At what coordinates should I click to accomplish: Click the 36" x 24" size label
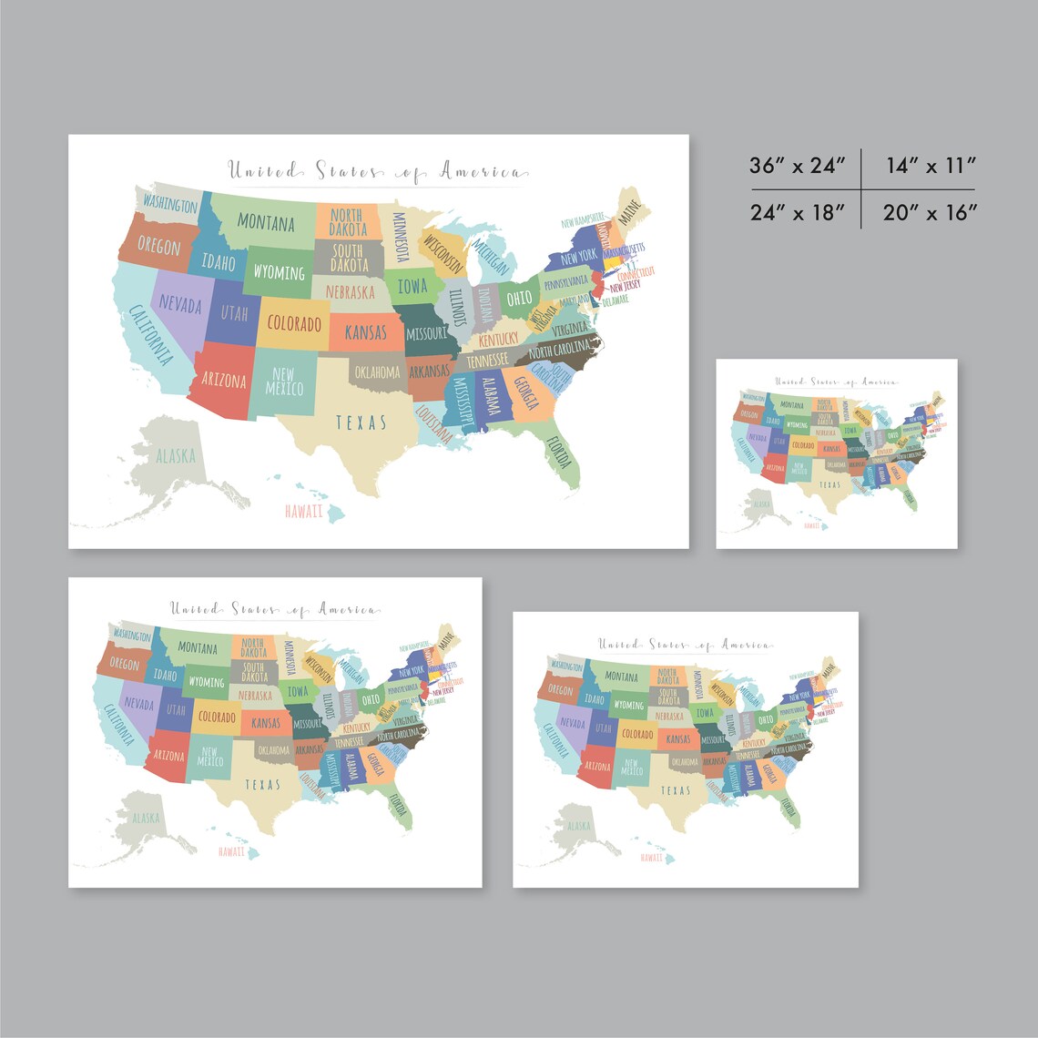pyautogui.click(x=799, y=166)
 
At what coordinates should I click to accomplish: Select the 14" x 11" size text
pyautogui.click(x=930, y=166)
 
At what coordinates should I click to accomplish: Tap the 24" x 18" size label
pyautogui.click(x=799, y=212)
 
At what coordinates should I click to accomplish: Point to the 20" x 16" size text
pyautogui.click(x=930, y=212)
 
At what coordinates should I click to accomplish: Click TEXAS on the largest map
pyautogui.click(x=361, y=422)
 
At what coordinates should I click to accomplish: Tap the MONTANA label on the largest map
pyautogui.click(x=266, y=222)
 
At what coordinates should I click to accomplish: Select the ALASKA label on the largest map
pyautogui.click(x=175, y=456)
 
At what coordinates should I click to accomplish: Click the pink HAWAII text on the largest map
pyautogui.click(x=303, y=511)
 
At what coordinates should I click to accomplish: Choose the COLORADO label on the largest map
pyautogui.click(x=294, y=323)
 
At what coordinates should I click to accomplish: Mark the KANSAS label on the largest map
pyautogui.click(x=366, y=333)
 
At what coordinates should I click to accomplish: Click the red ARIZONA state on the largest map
pyautogui.click(x=223, y=381)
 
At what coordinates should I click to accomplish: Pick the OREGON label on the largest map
pyautogui.click(x=159, y=246)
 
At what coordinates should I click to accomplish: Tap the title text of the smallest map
pyautogui.click(x=836, y=382)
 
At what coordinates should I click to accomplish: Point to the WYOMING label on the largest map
pyautogui.click(x=279, y=272)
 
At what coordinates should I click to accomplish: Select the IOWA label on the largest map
pyautogui.click(x=411, y=286)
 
